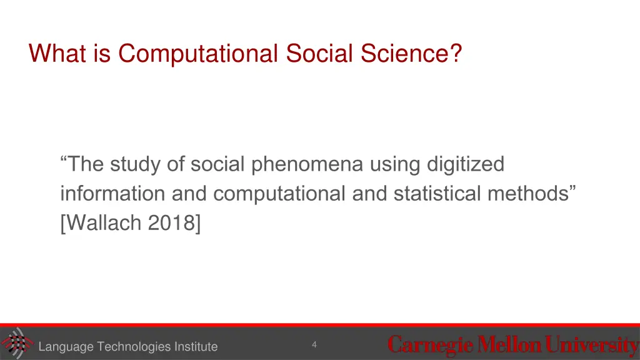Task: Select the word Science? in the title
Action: coord(410,54)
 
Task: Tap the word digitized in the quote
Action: coord(466,165)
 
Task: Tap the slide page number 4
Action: coord(314,344)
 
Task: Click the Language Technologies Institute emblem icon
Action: coord(16,343)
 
